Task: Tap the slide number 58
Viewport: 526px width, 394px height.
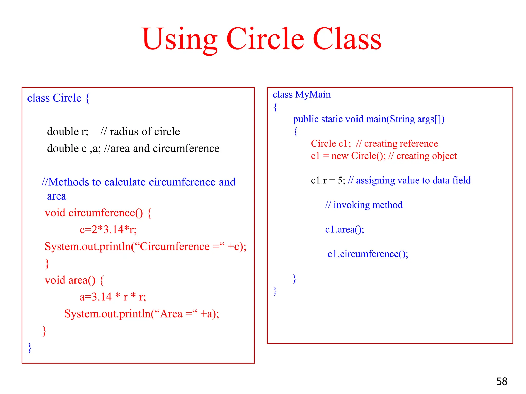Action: pos(502,381)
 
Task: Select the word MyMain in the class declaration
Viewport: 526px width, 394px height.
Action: pos(313,95)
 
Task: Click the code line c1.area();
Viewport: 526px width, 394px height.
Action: pos(344,229)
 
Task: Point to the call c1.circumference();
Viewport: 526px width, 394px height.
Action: pos(368,254)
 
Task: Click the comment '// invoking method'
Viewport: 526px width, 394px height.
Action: pos(364,205)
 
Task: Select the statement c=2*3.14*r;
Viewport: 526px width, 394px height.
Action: pos(108,230)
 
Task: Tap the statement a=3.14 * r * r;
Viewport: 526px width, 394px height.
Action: pos(113,297)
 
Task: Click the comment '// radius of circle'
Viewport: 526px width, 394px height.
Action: pos(140,132)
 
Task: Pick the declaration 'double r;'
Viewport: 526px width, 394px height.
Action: pos(68,132)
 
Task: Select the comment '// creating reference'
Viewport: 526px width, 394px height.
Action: pos(397,144)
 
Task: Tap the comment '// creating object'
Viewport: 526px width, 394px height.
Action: pos(422,156)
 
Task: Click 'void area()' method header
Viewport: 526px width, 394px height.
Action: pos(70,280)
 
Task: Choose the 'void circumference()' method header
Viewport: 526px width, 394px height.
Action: pos(94,213)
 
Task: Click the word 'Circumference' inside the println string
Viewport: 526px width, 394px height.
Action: pos(175,247)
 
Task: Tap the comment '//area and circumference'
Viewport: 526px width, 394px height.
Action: pos(162,149)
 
